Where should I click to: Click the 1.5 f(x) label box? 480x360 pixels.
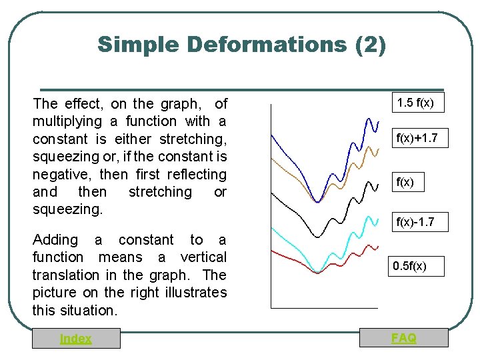[415, 103]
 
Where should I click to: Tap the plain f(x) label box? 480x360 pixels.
[403, 181]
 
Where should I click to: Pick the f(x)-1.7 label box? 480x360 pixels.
[415, 222]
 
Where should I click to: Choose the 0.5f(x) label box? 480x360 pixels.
[409, 267]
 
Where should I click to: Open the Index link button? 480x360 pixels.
[76, 339]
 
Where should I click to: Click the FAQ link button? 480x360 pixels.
[404, 338]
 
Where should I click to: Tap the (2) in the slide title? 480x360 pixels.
[371, 45]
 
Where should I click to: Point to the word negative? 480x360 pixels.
[63, 175]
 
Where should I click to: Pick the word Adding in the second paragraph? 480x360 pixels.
[55, 239]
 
